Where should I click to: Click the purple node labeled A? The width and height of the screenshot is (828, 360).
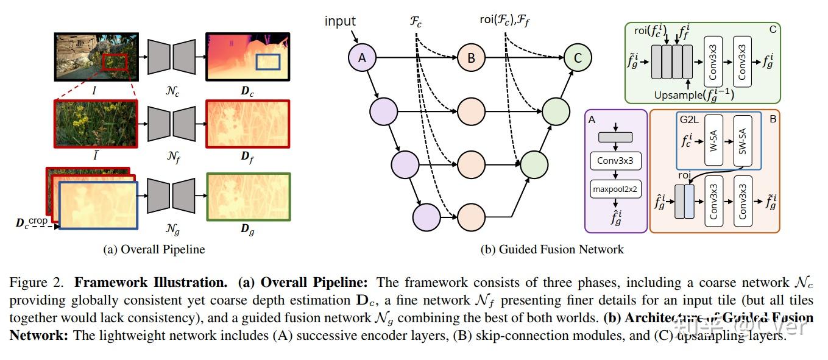[x=363, y=58]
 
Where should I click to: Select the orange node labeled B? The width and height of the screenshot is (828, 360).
[x=470, y=58]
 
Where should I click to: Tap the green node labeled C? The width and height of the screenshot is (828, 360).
[x=577, y=58]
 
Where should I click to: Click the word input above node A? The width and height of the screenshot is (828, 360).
[x=340, y=21]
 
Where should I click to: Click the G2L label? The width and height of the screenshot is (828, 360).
[x=690, y=119]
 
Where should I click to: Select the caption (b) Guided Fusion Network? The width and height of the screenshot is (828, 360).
[x=552, y=249]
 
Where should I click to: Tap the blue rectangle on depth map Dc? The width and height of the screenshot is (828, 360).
[x=267, y=62]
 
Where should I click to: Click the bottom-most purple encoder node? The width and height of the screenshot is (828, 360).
[x=426, y=217]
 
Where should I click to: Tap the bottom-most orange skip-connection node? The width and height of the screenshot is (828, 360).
[x=470, y=217]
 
